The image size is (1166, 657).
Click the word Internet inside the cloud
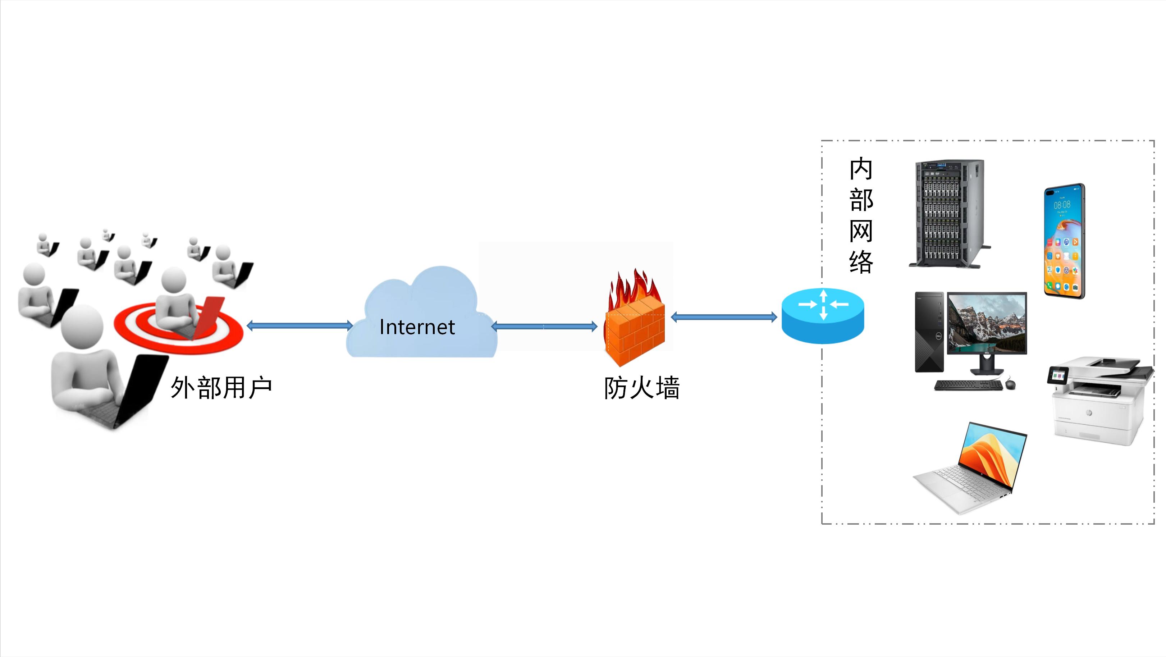pyautogui.click(x=417, y=327)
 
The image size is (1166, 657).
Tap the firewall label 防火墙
pyautogui.click(x=641, y=388)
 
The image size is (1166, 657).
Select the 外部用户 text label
pyautogui.click(x=221, y=388)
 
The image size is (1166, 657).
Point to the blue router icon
pyautogui.click(x=823, y=316)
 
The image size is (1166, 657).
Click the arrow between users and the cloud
pyautogui.click(x=299, y=325)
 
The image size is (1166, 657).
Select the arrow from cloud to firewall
pyautogui.click(x=544, y=326)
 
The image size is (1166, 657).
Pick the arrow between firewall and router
pyautogui.click(x=724, y=317)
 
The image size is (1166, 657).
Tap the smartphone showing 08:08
pyautogui.click(x=1064, y=241)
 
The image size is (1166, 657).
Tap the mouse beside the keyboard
pyautogui.click(x=1010, y=384)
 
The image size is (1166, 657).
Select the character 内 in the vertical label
pyautogui.click(x=860, y=169)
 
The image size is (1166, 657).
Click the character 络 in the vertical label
pyautogui.click(x=860, y=262)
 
